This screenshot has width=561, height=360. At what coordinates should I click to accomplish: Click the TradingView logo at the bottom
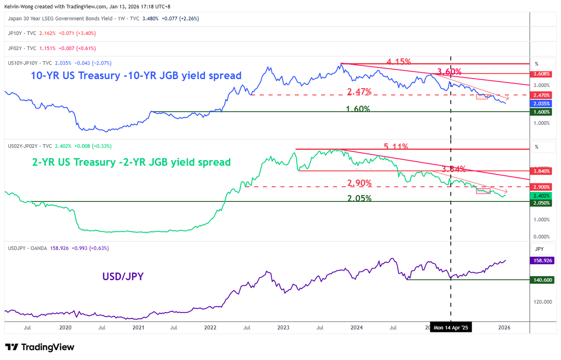pyautogui.click(x=40, y=347)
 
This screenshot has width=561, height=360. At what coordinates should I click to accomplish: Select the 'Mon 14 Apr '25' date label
pyautogui.click(x=450, y=328)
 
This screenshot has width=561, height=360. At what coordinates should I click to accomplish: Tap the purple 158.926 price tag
pyautogui.click(x=543, y=261)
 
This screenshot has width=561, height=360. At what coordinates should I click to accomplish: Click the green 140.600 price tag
pyautogui.click(x=543, y=280)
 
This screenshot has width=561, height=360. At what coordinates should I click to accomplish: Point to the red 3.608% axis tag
pyautogui.click(x=541, y=74)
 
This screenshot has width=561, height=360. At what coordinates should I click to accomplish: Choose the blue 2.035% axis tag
pyautogui.click(x=541, y=104)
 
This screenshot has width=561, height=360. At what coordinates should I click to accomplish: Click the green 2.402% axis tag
pyautogui.click(x=541, y=196)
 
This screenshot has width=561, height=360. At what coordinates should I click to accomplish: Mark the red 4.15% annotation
pyautogui.click(x=398, y=62)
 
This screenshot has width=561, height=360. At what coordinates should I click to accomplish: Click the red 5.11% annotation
pyautogui.click(x=396, y=147)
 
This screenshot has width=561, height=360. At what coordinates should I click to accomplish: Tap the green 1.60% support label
pyautogui.click(x=358, y=109)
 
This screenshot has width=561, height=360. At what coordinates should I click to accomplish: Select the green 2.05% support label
pyautogui.click(x=359, y=198)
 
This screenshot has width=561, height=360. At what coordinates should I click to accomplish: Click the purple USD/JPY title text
pyautogui.click(x=123, y=277)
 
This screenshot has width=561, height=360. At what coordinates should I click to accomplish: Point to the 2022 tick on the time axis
pyautogui.click(x=210, y=328)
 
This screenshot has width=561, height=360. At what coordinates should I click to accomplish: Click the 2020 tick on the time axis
pyautogui.click(x=65, y=328)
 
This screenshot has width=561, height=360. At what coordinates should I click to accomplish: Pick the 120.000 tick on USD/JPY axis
pyautogui.click(x=543, y=302)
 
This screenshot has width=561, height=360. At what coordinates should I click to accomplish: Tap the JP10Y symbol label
pyautogui.click(x=15, y=33)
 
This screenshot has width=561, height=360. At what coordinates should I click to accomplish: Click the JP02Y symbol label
pyautogui.click(x=15, y=48)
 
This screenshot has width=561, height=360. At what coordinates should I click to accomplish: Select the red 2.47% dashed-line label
pyautogui.click(x=359, y=92)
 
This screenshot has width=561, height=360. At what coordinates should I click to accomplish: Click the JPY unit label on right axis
pyautogui.click(x=539, y=249)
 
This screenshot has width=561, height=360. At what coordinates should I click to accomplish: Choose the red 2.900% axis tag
pyautogui.click(x=541, y=187)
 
